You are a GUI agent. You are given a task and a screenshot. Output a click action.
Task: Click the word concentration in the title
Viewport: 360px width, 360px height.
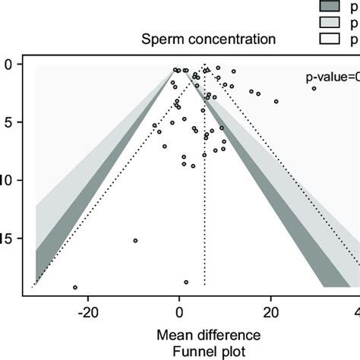[228, 39]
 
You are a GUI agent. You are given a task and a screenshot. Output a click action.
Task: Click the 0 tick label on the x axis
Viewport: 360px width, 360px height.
[179, 311]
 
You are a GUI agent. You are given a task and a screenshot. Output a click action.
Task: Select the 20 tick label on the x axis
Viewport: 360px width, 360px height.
[270, 311]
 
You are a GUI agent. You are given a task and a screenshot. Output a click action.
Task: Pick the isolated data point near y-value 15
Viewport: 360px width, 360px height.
[135, 241]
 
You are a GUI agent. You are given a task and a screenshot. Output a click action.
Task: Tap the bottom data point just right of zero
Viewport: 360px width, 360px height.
[186, 282]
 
